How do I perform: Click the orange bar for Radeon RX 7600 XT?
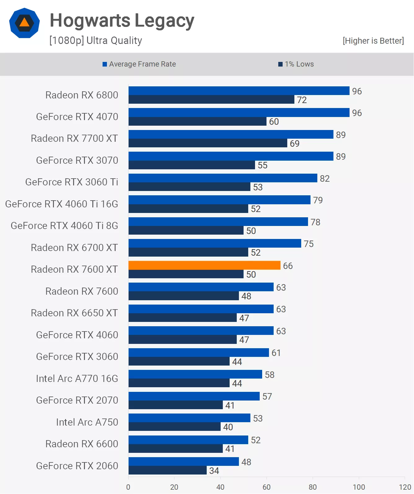(x=204, y=265)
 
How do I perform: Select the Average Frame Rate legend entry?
(x=139, y=64)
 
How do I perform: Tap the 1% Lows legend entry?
(x=296, y=64)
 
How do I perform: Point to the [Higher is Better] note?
(x=373, y=41)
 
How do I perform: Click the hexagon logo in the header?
(x=24, y=23)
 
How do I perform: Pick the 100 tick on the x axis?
(x=359, y=487)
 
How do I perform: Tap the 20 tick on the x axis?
(x=174, y=487)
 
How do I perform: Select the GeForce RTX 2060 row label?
(x=77, y=466)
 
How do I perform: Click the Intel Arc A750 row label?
(x=87, y=422)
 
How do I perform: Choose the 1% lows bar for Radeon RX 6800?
(x=211, y=100)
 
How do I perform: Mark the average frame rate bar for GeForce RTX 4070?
(x=239, y=113)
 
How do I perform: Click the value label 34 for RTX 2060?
(x=214, y=471)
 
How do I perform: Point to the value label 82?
(x=325, y=179)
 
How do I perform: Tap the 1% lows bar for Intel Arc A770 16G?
(x=179, y=383)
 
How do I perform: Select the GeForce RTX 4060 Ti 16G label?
(x=62, y=204)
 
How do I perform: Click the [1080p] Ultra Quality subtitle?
(x=96, y=41)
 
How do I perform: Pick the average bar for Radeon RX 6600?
(x=188, y=440)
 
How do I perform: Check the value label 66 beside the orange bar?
(x=288, y=266)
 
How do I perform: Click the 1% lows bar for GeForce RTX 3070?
(x=192, y=165)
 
